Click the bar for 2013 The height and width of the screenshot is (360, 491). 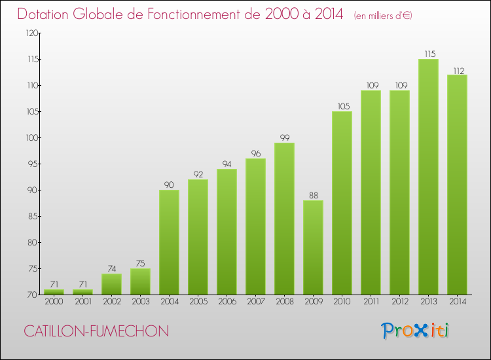pyautogui.click(x=428, y=177)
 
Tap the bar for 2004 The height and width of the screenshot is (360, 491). pyautogui.click(x=169, y=242)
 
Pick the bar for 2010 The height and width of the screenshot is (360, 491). pyautogui.click(x=342, y=203)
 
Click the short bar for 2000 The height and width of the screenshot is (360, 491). pyautogui.click(x=54, y=292)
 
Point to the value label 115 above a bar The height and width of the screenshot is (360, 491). pyautogui.click(x=428, y=54)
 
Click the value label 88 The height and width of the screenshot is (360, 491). pyautogui.click(x=313, y=195)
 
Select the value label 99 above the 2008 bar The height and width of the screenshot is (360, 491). pyautogui.click(x=284, y=137)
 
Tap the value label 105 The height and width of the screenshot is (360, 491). pyautogui.click(x=342, y=106)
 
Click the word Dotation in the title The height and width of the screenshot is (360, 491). pyautogui.click(x=50, y=14)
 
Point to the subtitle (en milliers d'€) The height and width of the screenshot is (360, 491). pyautogui.click(x=383, y=15)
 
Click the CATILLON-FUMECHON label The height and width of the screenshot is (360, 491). pyautogui.click(x=96, y=331)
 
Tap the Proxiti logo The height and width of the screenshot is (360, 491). pyautogui.click(x=416, y=331)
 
